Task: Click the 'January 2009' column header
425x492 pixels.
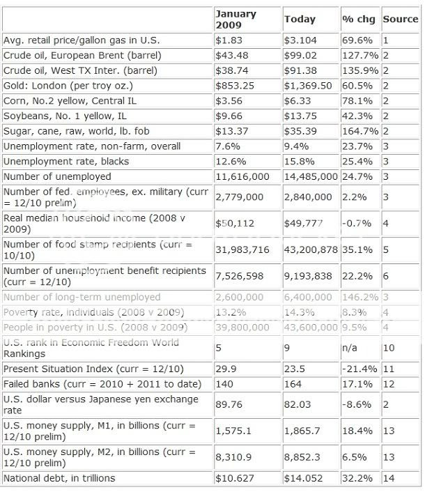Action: (236, 19)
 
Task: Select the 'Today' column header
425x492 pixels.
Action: (300, 20)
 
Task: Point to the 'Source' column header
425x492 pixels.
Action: (400, 20)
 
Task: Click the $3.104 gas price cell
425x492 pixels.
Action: (302, 40)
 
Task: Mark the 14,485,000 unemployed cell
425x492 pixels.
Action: (311, 177)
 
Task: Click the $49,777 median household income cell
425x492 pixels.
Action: (304, 222)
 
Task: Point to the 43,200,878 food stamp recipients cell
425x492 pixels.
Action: (311, 249)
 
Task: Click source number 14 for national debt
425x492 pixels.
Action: (388, 478)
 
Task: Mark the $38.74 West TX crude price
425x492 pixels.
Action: (231, 70)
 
